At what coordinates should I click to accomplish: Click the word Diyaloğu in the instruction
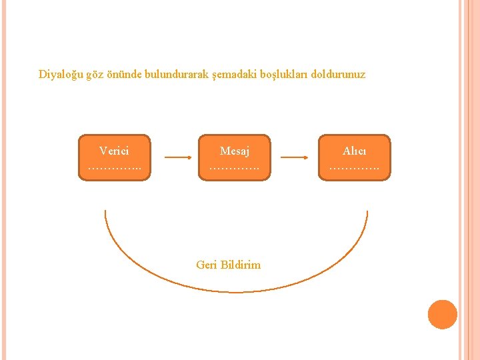point(61,75)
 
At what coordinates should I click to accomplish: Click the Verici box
point(115,157)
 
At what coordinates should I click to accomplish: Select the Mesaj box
point(235,157)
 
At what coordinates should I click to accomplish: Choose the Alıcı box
point(354,157)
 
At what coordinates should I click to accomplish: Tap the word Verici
point(115,151)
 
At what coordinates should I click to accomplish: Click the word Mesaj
point(235,151)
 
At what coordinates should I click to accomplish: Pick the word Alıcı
point(354,151)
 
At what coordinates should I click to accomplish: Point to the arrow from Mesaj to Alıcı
point(294,158)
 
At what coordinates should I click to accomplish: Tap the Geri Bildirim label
point(229,265)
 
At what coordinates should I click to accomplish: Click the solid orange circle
point(442,314)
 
